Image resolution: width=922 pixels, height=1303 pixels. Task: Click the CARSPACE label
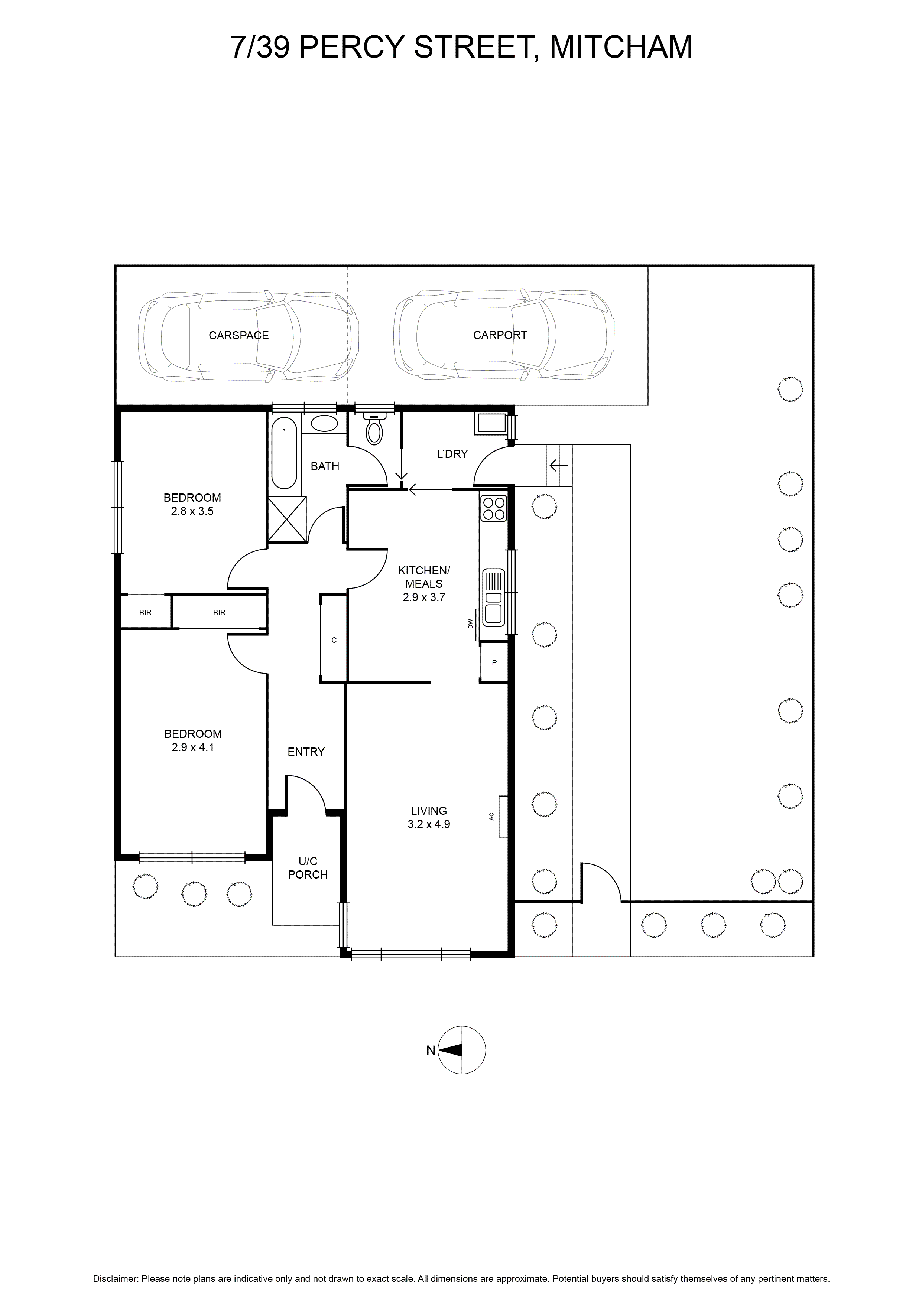coord(238,335)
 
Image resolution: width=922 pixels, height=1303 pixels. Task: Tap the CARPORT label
coord(500,335)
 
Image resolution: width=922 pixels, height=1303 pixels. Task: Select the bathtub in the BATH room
coord(284,453)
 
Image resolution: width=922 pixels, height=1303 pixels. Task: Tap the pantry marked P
coord(494,662)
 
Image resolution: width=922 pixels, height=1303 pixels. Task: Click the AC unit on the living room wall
coord(503,817)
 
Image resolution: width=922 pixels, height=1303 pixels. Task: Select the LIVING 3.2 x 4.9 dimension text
coord(429,818)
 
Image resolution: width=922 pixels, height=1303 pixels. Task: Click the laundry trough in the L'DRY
coord(491,423)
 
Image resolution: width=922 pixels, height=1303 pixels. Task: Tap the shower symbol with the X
coord(287,519)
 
